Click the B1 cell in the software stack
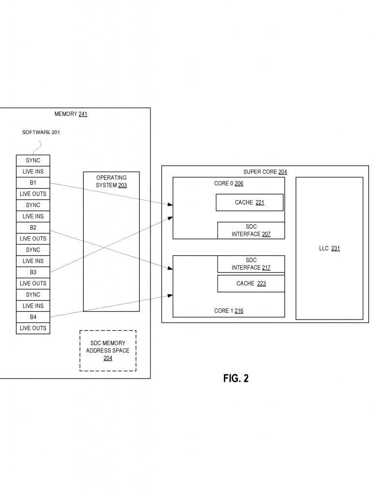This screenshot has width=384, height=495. point(33,183)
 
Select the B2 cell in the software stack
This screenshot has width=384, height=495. point(33,227)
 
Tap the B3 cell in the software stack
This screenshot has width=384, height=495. point(33,272)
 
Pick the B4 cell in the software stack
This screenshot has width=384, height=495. point(33,317)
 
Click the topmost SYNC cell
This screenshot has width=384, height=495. point(33,160)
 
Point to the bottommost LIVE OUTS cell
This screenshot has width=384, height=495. point(33,328)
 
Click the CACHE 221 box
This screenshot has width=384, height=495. point(250,203)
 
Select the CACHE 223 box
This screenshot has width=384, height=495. point(251,284)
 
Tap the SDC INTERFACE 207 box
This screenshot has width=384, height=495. point(251,231)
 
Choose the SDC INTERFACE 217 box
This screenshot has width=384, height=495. point(251,264)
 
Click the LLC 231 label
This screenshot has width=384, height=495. point(329,248)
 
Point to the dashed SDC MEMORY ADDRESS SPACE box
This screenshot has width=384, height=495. point(108,350)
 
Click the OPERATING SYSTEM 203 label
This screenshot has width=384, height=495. point(111,181)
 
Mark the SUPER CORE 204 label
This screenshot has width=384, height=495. point(265,172)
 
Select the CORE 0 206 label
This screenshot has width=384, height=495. point(229,184)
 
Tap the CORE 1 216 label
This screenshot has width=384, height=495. point(229,311)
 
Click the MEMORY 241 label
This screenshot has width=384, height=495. point(71,115)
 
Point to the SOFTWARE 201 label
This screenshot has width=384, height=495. point(41,132)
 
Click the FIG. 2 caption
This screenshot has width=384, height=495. point(236,379)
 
